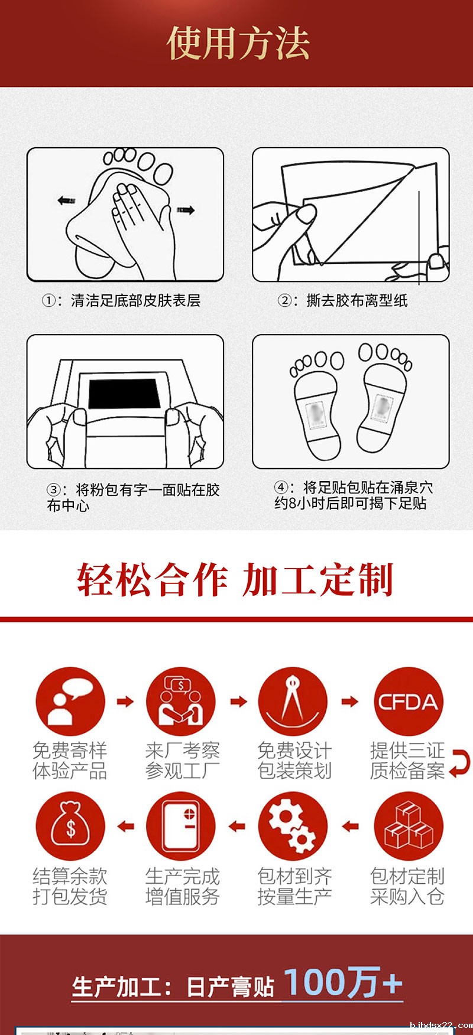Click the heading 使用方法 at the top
(x=238, y=43)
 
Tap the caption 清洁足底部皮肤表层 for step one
(x=135, y=300)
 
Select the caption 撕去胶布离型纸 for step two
(x=357, y=300)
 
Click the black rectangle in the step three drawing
(x=125, y=394)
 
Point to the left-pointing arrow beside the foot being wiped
(x=66, y=201)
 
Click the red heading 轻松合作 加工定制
(x=235, y=579)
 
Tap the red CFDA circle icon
(x=408, y=702)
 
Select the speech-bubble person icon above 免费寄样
(x=70, y=702)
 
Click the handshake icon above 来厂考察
(x=182, y=702)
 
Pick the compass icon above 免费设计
(x=293, y=702)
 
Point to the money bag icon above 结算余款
(x=70, y=826)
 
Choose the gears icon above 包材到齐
(x=293, y=826)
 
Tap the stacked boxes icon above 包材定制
(x=408, y=826)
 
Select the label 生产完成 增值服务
(x=182, y=886)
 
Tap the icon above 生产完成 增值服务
(x=182, y=826)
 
